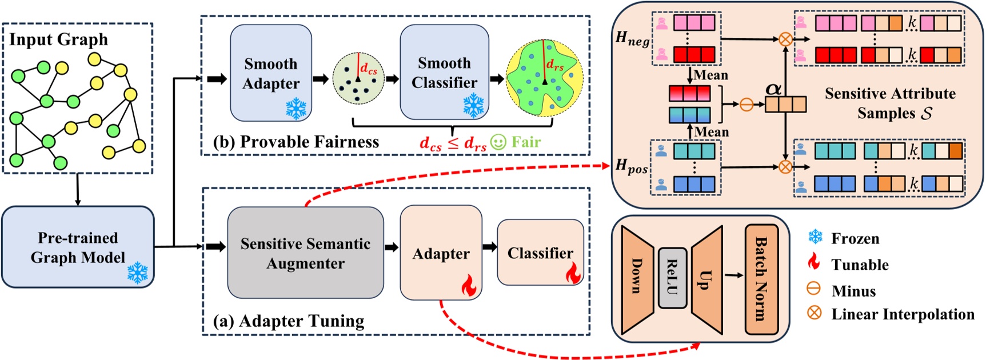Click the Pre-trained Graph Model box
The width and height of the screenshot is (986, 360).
point(78,247)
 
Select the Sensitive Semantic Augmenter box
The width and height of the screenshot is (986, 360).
point(305,253)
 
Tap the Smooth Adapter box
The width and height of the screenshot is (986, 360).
point(271,73)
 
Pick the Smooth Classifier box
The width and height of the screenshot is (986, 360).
point(444,72)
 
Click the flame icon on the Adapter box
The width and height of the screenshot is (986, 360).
point(469,285)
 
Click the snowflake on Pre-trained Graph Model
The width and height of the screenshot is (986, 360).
point(137,273)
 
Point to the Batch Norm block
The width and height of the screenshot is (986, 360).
point(761,279)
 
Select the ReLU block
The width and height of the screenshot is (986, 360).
point(672,278)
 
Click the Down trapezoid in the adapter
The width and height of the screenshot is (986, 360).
point(636,278)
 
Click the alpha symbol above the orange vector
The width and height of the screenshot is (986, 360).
point(773,89)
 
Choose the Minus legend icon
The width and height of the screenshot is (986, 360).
point(814,289)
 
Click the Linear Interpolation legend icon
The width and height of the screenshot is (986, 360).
point(814,313)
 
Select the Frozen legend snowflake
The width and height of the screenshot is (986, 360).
point(815,237)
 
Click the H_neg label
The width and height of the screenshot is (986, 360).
point(632,39)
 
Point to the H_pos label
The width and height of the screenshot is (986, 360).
point(631,166)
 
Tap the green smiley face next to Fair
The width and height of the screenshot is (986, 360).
point(498,142)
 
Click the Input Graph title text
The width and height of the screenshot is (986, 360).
point(58,39)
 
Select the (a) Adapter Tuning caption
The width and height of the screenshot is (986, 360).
point(289,321)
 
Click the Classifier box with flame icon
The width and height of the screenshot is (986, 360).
point(540,253)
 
